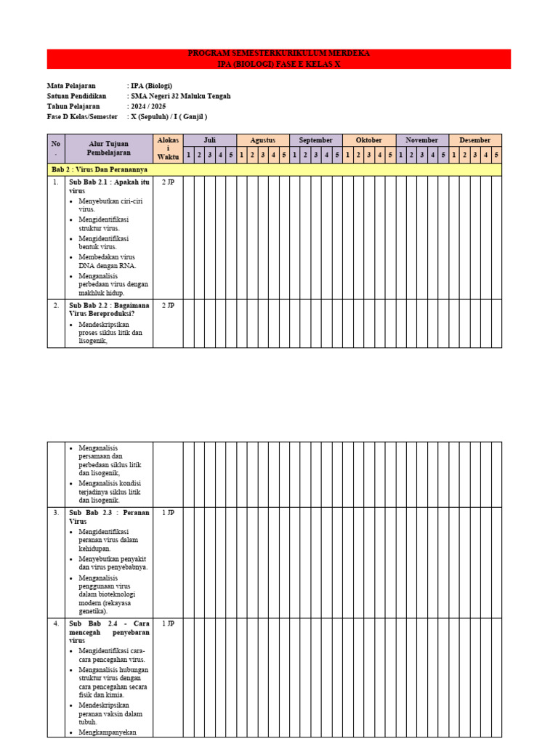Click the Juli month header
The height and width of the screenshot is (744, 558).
[x=209, y=140]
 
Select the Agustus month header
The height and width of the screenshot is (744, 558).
[x=262, y=140]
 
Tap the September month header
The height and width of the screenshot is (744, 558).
[x=315, y=140]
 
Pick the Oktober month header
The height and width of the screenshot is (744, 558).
[x=368, y=140]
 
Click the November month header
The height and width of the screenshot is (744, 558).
[x=421, y=140]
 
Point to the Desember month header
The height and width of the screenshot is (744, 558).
[x=474, y=140]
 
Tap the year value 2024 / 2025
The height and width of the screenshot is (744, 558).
[x=148, y=106]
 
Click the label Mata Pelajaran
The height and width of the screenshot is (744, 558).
[x=71, y=86]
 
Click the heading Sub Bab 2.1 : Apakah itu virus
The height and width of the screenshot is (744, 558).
[x=108, y=186]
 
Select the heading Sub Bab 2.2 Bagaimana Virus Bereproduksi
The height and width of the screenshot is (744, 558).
[x=108, y=310]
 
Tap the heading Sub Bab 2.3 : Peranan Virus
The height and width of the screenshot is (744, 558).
[x=108, y=517]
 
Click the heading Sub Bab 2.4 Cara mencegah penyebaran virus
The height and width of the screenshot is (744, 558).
[x=108, y=632]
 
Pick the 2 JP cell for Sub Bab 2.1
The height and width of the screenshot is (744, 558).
[x=168, y=182]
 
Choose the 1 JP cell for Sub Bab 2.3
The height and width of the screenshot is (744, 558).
[x=168, y=513]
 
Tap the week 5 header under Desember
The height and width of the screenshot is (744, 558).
[x=496, y=155]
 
